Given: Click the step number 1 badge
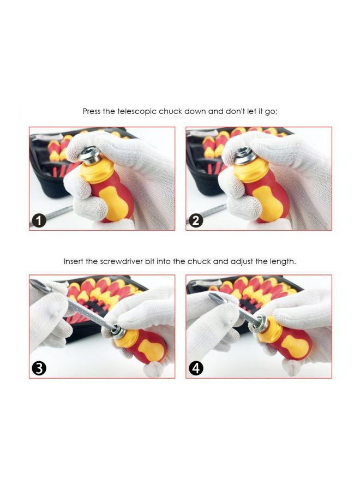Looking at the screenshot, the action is (39, 221).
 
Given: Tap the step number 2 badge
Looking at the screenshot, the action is (196, 221).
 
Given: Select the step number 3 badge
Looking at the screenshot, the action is (39, 368).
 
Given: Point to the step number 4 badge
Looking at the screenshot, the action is (196, 368).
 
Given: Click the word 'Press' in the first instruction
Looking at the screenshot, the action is (92, 111).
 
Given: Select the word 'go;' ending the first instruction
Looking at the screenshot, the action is (271, 112).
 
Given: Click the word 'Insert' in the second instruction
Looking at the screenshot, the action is (73, 261).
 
